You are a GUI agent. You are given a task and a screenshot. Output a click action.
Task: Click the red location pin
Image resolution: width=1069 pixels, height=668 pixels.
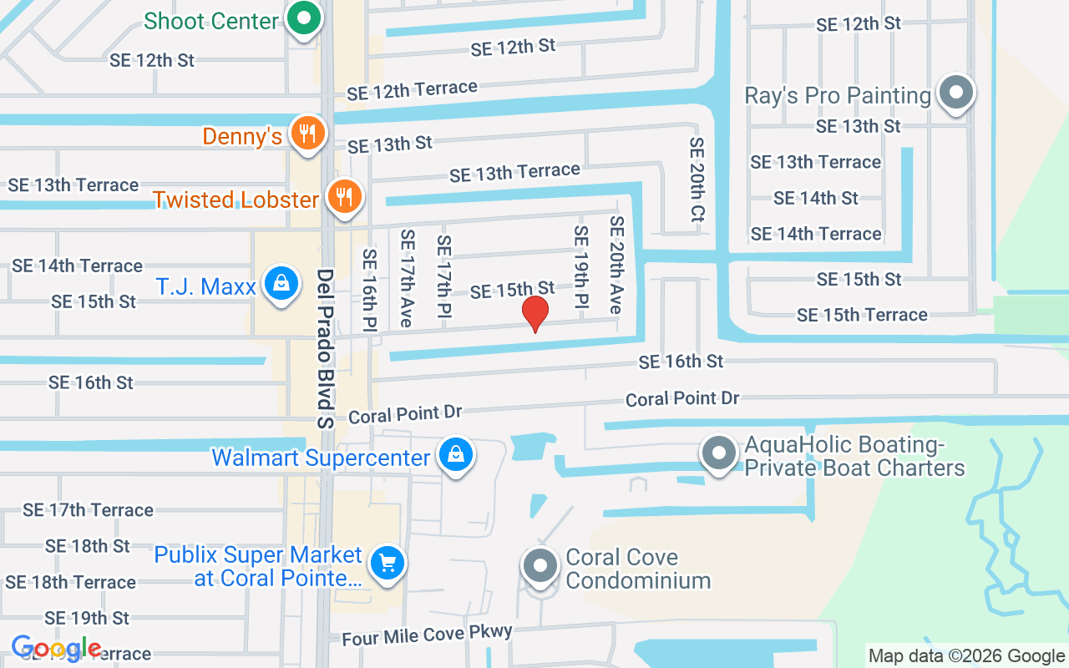534,313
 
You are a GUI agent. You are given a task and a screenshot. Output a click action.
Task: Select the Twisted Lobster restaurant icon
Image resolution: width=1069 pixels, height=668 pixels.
342,197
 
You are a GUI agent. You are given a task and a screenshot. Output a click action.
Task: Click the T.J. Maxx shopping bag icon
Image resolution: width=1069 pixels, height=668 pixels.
282,284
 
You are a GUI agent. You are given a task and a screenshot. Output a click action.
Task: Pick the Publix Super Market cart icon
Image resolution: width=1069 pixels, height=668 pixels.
387,563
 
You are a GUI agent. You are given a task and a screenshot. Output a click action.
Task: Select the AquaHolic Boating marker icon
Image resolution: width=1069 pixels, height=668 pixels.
718,454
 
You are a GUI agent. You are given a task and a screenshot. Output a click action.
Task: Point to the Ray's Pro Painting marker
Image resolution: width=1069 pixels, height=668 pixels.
957,93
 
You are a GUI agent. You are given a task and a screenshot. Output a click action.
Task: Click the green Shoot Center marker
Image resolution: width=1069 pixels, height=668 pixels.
305,18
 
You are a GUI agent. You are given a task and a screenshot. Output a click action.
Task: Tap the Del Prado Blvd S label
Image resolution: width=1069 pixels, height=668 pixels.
326,348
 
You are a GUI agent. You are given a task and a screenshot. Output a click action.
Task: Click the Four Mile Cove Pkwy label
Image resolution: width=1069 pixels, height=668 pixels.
427,635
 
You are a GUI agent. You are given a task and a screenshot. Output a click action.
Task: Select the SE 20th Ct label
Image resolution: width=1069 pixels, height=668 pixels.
697,180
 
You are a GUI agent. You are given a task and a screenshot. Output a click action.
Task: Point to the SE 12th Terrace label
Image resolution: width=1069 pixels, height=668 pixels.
413,90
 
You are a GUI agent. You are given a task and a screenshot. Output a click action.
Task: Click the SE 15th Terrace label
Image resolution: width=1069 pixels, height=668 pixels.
862,315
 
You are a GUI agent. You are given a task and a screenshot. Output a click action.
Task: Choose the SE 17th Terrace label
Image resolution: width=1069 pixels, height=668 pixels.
89,509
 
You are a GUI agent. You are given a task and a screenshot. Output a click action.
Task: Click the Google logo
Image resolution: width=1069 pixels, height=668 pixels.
57,648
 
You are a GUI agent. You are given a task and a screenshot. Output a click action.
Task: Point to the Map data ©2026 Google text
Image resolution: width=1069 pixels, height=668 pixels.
966,656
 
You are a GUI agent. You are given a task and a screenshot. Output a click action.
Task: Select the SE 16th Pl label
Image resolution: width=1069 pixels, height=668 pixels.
370,291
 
